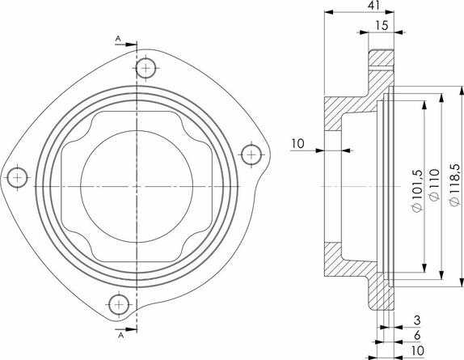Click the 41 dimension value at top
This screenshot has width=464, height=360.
click(374, 6)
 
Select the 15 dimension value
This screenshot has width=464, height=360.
click(382, 26)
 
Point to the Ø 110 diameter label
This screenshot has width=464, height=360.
click(434, 185)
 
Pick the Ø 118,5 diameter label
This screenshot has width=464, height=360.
click(454, 184)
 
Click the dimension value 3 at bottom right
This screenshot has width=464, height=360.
click(417, 320)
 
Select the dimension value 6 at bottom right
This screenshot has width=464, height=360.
click(417, 336)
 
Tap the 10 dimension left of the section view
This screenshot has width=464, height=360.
click(297, 144)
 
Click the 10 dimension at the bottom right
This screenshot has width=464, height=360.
click(418, 351)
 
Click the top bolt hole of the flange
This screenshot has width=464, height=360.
click(146, 69)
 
